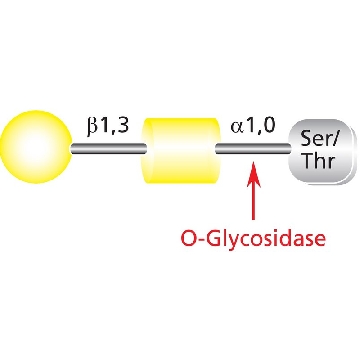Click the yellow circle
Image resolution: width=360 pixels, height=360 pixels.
[x=35, y=147]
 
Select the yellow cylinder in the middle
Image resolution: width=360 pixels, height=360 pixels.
[x=181, y=150]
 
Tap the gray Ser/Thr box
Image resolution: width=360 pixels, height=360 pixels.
[x=322, y=151]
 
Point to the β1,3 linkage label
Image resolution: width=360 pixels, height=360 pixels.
[x=108, y=126]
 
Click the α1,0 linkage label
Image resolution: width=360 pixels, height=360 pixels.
[x=253, y=127]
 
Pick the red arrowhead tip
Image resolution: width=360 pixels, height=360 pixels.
[x=254, y=162]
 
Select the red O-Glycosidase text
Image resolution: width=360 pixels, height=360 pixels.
[x=253, y=239]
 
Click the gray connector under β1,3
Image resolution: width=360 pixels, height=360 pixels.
[x=108, y=148]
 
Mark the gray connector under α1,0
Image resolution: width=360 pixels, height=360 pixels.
[x=253, y=148]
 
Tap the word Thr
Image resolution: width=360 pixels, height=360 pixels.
[x=320, y=162]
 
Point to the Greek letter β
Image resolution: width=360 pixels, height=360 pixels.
[x=92, y=127]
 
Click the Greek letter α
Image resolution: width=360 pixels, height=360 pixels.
[x=237, y=128]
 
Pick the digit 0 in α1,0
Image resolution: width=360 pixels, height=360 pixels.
[x=269, y=126]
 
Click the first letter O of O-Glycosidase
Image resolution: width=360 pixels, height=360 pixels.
[x=188, y=238]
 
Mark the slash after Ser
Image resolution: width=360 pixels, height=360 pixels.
[x=334, y=138]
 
